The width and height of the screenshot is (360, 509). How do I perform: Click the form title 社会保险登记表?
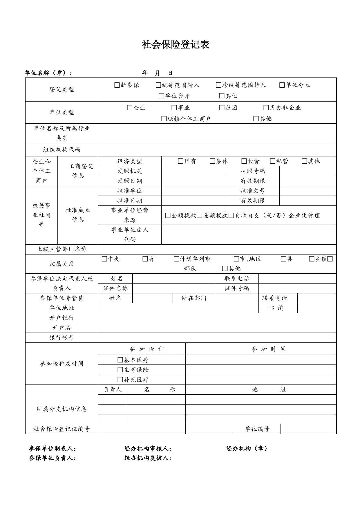[176, 45]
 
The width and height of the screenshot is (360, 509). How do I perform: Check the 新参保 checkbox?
[117, 85]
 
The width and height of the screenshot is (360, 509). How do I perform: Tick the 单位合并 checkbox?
[162, 96]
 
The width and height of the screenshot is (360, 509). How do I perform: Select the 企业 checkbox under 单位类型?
[130, 108]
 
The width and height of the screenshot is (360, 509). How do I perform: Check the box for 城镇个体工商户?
[164, 119]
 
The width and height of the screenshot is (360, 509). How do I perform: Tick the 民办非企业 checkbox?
[266, 108]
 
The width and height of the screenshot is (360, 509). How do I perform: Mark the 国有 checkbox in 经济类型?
[181, 161]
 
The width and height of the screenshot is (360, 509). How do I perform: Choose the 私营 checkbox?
[272, 161]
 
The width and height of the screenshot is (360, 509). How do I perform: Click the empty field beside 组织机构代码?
[217, 150]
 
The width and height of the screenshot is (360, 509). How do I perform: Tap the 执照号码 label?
[253, 171]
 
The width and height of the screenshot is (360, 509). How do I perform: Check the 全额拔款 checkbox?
[168, 216]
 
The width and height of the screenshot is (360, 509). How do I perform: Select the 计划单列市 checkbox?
[176, 259]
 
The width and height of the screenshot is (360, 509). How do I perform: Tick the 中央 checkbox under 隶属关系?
[104, 259]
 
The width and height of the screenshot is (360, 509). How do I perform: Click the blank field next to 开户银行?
[217, 318]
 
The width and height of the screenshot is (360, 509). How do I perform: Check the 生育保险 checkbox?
[120, 370]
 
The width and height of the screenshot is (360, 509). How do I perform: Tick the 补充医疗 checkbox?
[120, 380]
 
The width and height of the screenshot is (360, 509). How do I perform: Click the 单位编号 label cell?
[257, 429]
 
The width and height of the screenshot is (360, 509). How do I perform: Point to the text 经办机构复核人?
[148, 458]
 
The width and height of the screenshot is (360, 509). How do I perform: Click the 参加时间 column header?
[269, 349]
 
